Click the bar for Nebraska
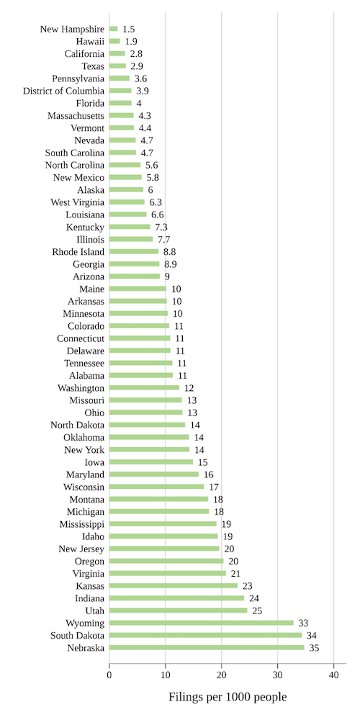207,647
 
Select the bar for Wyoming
202,623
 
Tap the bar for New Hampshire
113,29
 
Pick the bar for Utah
179,611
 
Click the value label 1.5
128,29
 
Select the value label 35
313,647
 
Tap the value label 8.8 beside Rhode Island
170,252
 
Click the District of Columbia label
63,91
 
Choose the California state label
84,54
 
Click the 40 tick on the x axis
333,675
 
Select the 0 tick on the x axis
109,675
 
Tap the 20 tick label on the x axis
221,675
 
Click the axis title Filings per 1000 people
228,697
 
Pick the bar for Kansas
174,585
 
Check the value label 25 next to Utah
257,611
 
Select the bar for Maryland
154,474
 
